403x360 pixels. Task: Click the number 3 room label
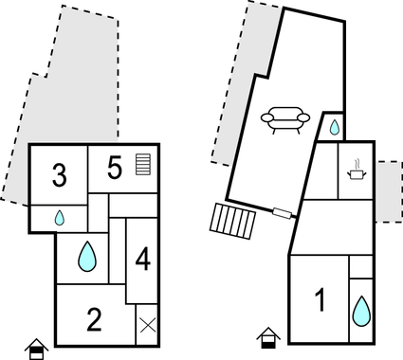pos(60,175)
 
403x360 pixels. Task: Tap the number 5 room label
pos(115,169)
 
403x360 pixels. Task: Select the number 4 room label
pos(141,258)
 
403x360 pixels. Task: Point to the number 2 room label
pos(94,319)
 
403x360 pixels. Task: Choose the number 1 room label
pos(320,301)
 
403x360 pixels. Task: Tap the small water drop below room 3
pos(59,217)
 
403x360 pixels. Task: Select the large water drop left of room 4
pos(87,256)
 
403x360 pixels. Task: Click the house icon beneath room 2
pos(36,348)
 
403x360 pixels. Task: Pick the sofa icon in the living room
pos(285,119)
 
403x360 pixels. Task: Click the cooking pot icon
pos(357,172)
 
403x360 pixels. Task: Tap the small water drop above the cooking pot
pos(334,127)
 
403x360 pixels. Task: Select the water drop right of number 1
pos(361,310)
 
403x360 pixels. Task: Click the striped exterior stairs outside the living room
pos(233,222)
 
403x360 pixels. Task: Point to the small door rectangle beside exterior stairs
pos(281,212)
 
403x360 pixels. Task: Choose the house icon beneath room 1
pos(267,337)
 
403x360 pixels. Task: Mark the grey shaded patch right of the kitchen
pos(389,191)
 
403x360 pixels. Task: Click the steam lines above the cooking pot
pos(357,162)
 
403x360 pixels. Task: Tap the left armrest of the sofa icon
pos(267,119)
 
